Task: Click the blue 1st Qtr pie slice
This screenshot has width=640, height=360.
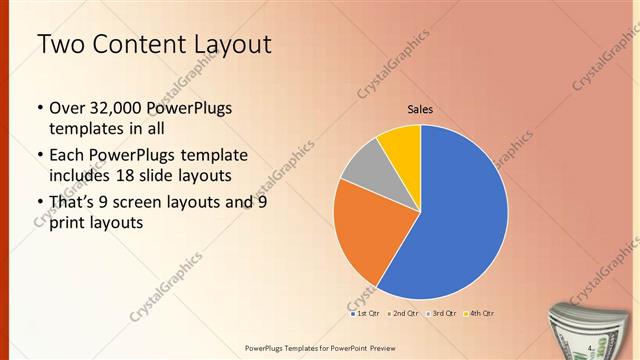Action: coord(460,220)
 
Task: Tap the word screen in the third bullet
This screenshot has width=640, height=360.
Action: coord(158,201)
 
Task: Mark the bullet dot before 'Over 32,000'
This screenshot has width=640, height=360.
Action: coord(38,108)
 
